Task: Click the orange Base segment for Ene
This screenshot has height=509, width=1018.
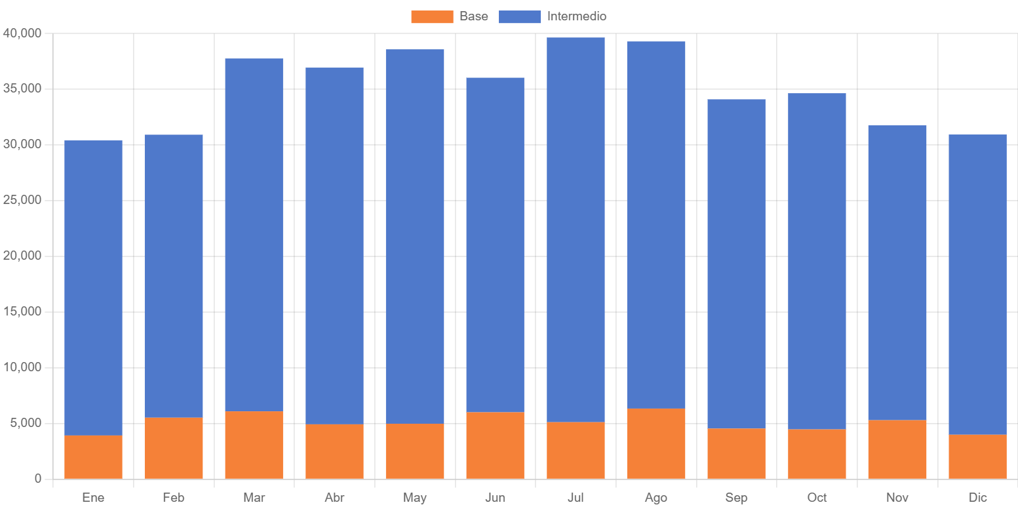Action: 93,457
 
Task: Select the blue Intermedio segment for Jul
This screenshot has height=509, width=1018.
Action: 576,230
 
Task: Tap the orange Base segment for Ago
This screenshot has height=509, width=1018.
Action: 656,443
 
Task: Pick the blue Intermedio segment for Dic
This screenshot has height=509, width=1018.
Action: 977,284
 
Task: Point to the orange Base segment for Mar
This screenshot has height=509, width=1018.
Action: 254,445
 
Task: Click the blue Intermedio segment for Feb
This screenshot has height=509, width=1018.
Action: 173,275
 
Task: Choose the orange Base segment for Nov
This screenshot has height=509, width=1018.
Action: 897,449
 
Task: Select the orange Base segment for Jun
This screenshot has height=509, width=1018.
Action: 495,445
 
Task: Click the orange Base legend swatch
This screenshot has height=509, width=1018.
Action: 432,17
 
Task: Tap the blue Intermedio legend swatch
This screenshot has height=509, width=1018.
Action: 520,17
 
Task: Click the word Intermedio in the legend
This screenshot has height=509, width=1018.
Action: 577,16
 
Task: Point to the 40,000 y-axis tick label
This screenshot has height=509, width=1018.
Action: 22,33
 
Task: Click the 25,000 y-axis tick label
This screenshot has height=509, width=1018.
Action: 22,200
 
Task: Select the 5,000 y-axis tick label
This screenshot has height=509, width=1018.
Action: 25,423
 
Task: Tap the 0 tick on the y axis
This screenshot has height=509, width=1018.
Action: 37,479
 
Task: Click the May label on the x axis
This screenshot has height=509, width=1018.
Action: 415,498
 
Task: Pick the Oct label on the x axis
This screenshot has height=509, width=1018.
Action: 817,498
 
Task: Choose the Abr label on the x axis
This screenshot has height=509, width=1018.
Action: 334,498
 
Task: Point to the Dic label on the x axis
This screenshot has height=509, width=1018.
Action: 977,498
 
